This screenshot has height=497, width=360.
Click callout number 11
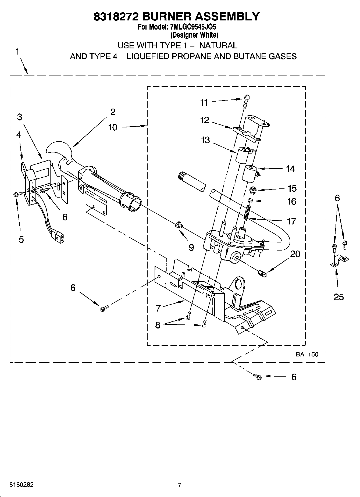tap(204, 103)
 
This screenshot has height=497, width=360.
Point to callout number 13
tap(205, 140)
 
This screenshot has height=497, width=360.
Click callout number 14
tap(290, 169)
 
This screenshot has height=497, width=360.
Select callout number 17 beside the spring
tap(291, 221)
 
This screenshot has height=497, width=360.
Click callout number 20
tap(295, 254)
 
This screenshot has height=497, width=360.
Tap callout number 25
tap(338, 297)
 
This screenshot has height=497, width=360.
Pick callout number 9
tap(191, 247)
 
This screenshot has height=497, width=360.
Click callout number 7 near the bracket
tap(158, 308)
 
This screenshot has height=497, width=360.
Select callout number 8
tap(158, 325)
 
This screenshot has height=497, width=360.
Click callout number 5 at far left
tap(21, 239)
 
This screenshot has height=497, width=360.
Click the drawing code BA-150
tap(307, 354)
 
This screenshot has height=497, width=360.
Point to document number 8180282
tap(22, 485)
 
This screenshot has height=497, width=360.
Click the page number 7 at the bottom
tap(180, 485)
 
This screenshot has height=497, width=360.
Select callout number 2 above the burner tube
tap(113, 112)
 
